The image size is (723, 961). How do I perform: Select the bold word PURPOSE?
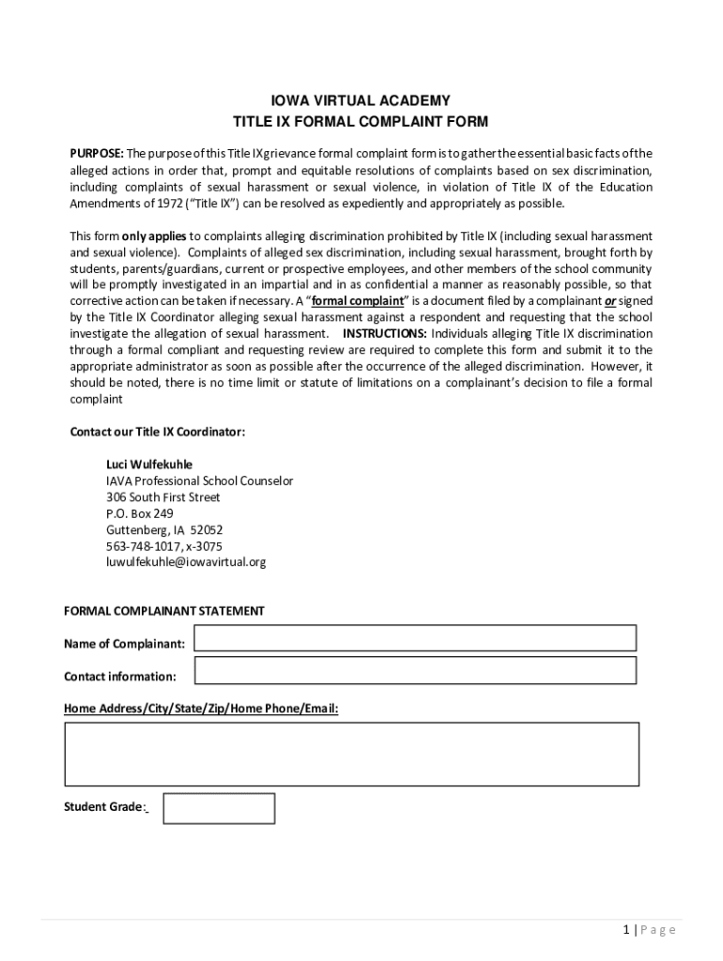coord(97,153)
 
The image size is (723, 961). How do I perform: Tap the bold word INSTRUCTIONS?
coord(385,333)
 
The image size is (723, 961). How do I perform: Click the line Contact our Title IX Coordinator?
coord(158,432)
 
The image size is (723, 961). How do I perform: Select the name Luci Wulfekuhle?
coord(149,465)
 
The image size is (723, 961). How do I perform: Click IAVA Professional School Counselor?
coord(199,480)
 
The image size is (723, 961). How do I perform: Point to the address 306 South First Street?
coord(162,496)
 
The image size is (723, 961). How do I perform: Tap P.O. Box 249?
coord(139,513)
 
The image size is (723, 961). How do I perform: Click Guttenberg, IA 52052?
coord(163,529)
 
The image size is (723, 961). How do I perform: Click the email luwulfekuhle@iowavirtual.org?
coord(186,561)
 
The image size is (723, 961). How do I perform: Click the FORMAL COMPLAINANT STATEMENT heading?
coord(163,611)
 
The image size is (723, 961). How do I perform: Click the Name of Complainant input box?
coord(414,638)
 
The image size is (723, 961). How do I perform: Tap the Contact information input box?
coord(414,670)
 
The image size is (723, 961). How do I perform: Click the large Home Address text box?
coord(351,754)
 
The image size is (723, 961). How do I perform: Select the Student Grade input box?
coord(219,808)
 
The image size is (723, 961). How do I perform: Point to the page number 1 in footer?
coord(626,930)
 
